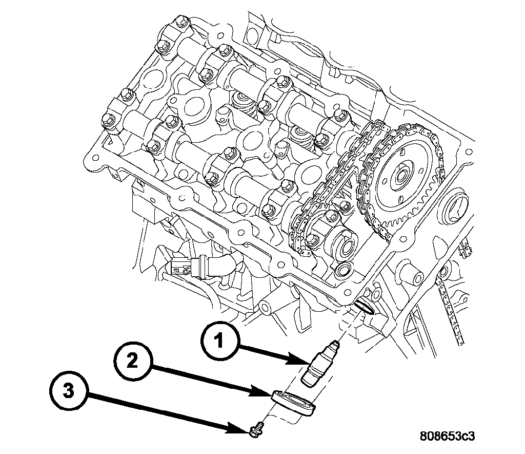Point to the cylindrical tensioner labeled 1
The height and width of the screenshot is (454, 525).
[x=317, y=366]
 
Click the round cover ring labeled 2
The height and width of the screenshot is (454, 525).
[x=293, y=403]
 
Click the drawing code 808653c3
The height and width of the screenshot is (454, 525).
[x=447, y=436]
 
